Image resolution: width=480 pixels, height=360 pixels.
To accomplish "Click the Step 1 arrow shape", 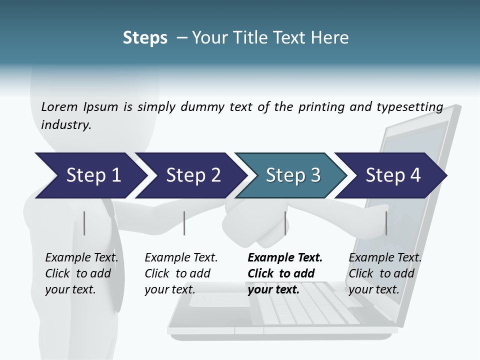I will pos(90,175).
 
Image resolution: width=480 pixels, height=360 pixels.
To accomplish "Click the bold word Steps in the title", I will pos(145,37).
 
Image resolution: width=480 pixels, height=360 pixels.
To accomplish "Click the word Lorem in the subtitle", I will pos(59,106).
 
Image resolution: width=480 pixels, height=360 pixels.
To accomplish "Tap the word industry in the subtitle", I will pos(66,124).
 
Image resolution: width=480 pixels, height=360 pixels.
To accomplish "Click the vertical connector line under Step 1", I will pos(84,223).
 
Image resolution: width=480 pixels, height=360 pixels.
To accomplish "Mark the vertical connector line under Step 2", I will pos(184,223).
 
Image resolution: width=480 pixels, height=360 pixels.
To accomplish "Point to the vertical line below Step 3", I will pos(285,223).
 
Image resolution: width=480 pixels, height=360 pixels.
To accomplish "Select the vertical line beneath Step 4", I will pos(386,223).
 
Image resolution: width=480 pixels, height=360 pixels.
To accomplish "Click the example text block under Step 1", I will pos(81,273).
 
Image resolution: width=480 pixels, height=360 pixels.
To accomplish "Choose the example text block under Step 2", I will pos(181,273).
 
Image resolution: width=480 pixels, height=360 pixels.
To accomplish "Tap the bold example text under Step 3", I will pos(284,273).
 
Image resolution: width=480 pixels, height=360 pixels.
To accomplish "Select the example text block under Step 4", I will pos(384,273).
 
